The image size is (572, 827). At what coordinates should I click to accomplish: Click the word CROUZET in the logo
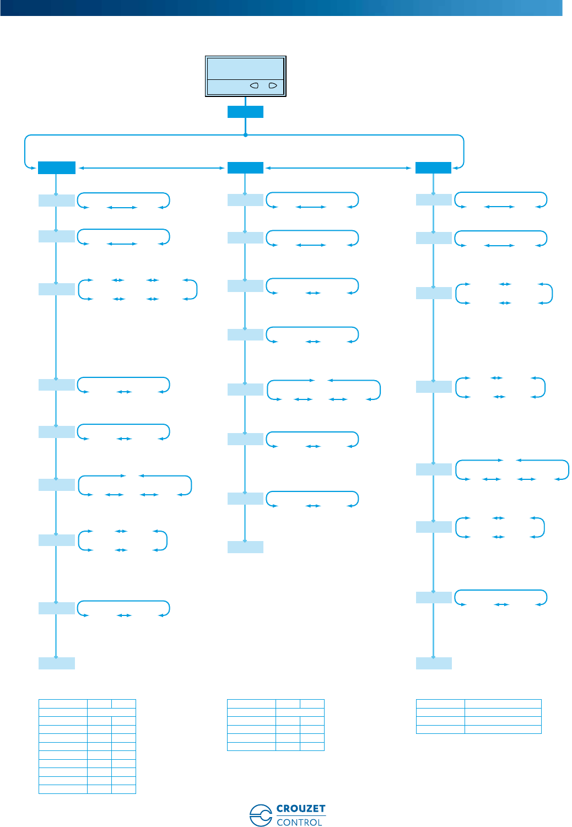(301, 809)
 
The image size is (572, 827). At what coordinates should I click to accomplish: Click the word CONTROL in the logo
(299, 822)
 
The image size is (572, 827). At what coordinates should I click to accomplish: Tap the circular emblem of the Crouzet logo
(260, 815)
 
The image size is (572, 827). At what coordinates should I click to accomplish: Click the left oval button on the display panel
(255, 86)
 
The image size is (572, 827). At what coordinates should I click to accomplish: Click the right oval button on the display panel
(272, 86)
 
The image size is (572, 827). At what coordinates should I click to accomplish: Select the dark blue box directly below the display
(245, 112)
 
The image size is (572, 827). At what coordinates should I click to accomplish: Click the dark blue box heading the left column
(56, 167)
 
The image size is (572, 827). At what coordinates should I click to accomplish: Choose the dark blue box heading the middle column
(245, 167)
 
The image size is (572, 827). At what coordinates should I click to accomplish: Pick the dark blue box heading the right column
(433, 167)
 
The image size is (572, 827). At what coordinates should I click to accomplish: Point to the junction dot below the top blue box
(245, 135)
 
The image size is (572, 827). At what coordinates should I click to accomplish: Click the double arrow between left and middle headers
(152, 167)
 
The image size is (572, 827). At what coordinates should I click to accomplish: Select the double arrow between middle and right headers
(339, 167)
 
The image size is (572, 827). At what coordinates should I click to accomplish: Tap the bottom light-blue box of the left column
(56, 663)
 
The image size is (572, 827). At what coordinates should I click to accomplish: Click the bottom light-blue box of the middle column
(245, 547)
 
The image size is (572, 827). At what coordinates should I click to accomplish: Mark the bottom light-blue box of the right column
(434, 663)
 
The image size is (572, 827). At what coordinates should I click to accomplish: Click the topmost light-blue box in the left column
(56, 200)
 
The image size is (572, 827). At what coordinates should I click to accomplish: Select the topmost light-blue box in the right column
(434, 199)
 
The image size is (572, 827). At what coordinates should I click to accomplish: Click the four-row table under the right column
(478, 716)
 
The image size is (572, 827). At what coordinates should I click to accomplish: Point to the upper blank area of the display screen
(245, 69)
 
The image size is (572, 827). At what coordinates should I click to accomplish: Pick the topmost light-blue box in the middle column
(245, 199)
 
